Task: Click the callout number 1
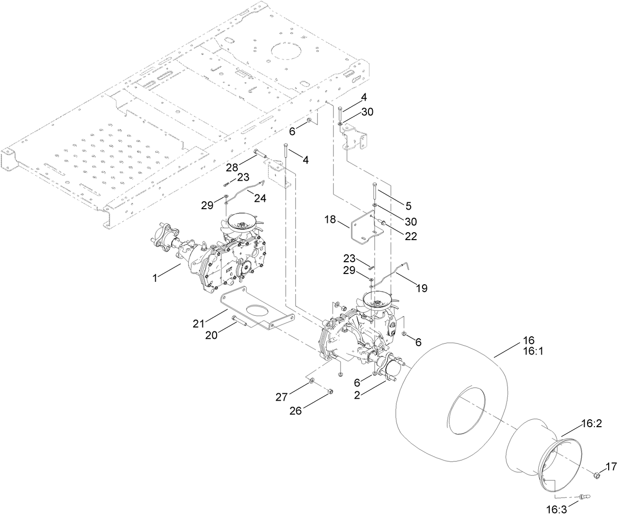coord(155,278)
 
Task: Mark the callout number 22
coord(410,236)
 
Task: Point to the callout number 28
coord(232,168)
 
